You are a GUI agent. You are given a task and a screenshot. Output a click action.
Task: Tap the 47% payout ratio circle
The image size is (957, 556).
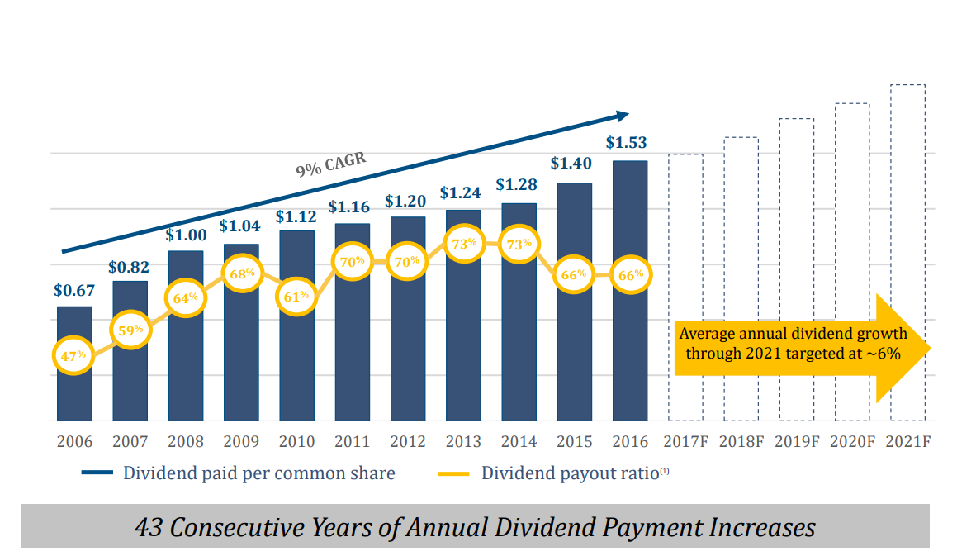point(74,354)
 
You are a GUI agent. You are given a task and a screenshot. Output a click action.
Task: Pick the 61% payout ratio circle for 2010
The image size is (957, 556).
point(296,295)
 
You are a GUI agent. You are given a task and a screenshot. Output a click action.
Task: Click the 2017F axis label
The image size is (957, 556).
point(685,441)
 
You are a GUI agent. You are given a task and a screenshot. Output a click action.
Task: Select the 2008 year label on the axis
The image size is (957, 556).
point(186,441)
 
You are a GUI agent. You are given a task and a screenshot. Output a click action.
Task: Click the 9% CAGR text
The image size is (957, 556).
point(331,163)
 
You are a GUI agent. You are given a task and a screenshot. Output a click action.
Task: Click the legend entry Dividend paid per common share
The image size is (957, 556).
point(258,473)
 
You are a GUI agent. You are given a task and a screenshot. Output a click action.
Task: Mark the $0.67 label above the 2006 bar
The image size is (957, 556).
point(74,290)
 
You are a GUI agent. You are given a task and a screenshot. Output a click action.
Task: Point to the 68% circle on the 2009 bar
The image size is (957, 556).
point(241,273)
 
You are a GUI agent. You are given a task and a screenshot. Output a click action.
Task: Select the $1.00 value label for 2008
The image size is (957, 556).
point(186,235)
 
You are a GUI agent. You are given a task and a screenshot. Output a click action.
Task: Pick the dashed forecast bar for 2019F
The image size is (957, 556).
point(797,264)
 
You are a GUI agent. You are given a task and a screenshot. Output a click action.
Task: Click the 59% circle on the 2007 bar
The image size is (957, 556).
point(130,329)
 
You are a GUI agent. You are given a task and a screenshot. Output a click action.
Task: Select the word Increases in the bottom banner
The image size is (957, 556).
point(762,527)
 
